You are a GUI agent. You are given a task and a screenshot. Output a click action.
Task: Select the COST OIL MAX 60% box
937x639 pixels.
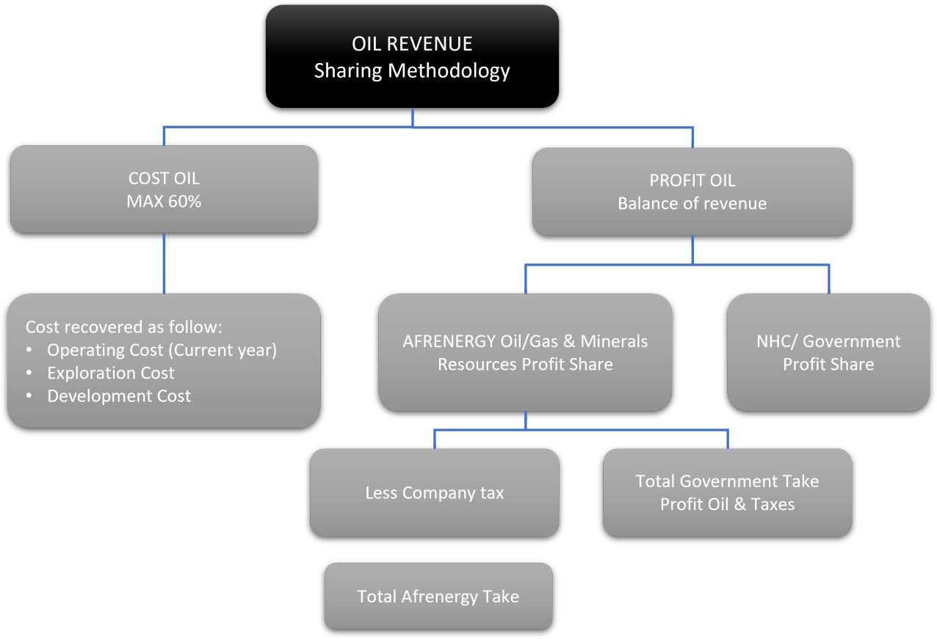point(164,189)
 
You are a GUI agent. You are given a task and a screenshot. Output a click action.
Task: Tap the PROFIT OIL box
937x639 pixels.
point(692,191)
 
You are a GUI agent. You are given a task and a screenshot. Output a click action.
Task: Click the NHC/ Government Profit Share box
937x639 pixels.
point(828,352)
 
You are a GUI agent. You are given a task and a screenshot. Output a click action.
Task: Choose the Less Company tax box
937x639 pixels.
point(434,492)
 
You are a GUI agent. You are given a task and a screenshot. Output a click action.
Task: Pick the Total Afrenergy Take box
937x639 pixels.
point(438,596)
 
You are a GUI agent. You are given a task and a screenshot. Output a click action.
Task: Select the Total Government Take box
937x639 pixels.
point(727,492)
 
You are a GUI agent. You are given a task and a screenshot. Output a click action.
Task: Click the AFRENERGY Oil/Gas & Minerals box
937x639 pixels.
point(525,352)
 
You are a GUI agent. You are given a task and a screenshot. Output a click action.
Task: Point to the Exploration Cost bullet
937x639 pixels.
point(111,373)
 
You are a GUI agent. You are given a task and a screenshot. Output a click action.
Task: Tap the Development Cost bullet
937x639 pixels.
point(119,396)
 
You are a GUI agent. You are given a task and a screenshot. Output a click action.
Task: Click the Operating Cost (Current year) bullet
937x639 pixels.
point(162,350)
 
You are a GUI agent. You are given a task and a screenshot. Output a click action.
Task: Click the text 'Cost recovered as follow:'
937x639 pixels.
point(123,327)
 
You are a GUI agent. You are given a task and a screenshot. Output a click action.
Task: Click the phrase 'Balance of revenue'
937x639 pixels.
point(692,203)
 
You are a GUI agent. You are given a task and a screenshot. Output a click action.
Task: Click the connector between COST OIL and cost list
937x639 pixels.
point(164,263)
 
